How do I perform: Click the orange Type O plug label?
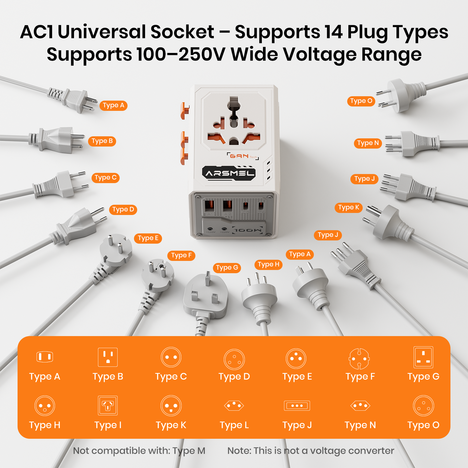pos(361,101)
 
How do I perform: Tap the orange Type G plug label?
pos(227,268)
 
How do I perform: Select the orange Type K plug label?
pos(348,207)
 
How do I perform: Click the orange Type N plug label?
pos(368,143)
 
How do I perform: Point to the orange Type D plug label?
pos(123,209)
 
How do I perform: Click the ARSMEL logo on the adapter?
pos(229,173)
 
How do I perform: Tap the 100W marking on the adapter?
pos(248,230)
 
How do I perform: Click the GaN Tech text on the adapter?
pos(243,156)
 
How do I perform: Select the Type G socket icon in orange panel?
pos(423,357)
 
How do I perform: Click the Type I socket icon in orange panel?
pos(108,405)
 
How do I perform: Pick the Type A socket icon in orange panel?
pos(45,357)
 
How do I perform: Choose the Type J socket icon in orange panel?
pos(297,406)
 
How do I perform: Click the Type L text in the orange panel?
pos(234,425)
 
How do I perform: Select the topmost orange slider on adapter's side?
pos(185,111)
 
